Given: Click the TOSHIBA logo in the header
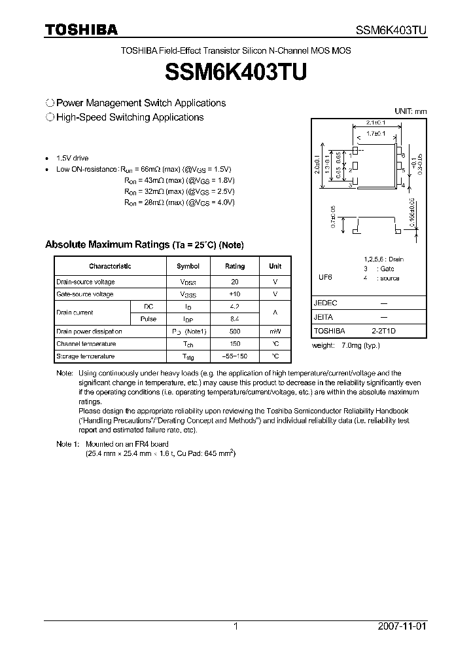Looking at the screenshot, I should tap(81, 29).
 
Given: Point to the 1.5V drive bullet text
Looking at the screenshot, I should tap(72, 159).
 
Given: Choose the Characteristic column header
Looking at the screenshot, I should tap(110, 266).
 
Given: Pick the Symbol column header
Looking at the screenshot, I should tap(188, 266).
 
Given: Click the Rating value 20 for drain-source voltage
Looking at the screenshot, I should tap(235, 282).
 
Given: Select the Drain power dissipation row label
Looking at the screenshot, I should tap(89, 331).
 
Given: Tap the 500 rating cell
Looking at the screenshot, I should tap(235, 331).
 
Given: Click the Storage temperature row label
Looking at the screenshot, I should tap(85, 356).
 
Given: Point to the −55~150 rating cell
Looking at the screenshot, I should tap(235, 356).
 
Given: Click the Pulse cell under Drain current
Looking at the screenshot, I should tap(149, 319).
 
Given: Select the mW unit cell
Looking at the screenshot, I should tap(275, 331).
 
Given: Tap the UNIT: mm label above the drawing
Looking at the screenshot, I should tap(410, 111).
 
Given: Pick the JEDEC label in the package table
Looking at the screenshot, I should tap(325, 303).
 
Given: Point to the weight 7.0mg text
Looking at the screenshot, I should tap(345, 345).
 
